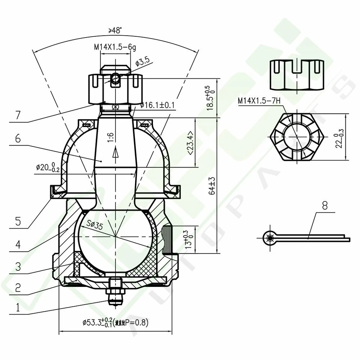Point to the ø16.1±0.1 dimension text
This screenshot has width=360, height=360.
(x=158, y=105)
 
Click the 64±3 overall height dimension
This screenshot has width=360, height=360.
(x=212, y=186)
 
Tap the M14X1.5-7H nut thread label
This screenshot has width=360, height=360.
(x=259, y=101)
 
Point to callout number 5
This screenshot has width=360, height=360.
(x=18, y=221)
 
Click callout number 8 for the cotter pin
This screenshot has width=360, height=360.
(x=324, y=205)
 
